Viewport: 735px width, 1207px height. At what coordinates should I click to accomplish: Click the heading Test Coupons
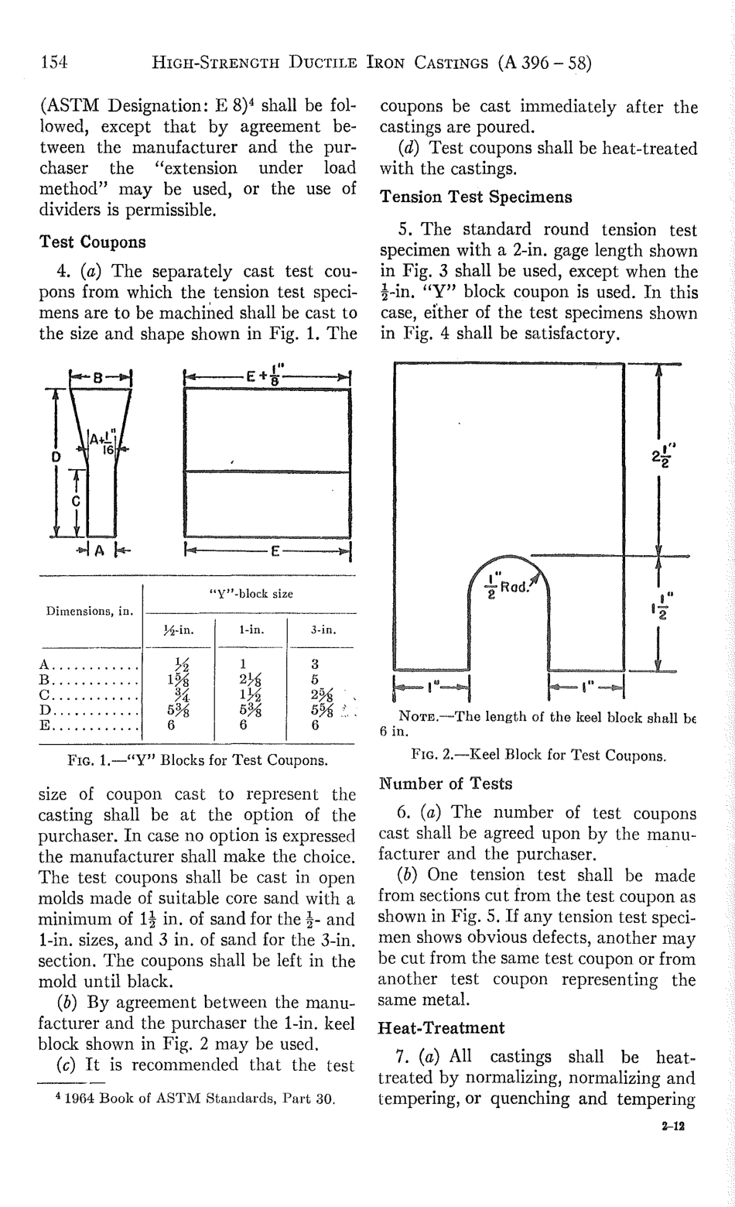[x=92, y=241]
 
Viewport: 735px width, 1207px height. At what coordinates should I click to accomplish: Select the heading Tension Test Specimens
[x=476, y=197]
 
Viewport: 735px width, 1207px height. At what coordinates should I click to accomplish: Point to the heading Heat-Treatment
[x=441, y=1028]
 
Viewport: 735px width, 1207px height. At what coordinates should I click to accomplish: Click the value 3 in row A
[x=315, y=664]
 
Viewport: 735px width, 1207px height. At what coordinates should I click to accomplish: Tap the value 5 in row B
[x=315, y=679]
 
